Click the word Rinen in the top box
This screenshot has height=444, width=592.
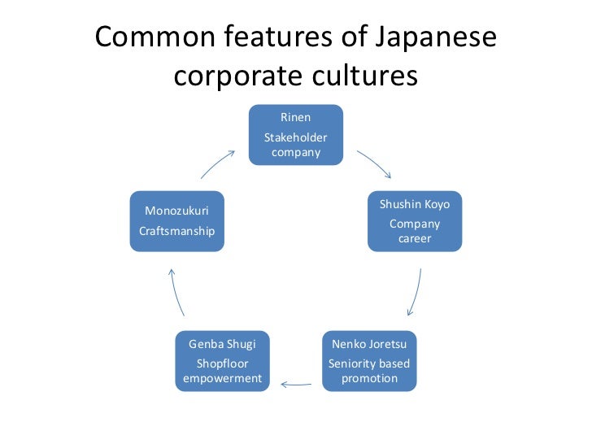295,117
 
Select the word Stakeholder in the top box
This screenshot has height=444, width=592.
295,137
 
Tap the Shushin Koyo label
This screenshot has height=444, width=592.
415,204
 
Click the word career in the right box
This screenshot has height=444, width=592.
415,239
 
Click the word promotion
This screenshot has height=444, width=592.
369,378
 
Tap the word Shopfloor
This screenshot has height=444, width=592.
222,363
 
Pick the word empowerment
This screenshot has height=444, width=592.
222,378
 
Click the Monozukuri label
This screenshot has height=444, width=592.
176,211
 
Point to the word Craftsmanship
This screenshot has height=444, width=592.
176,231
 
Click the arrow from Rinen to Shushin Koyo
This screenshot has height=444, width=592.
374,163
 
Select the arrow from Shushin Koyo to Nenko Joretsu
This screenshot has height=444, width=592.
416,292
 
